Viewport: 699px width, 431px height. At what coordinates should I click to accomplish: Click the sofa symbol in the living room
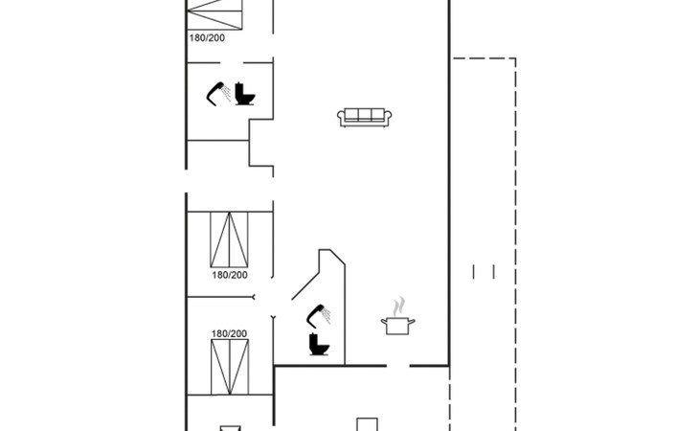coord(364,118)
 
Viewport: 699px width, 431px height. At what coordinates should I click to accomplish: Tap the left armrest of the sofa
coord(341,117)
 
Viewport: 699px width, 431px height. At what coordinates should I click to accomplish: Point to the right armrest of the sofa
coord(388,117)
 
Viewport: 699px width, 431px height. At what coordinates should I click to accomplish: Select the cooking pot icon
coord(397,326)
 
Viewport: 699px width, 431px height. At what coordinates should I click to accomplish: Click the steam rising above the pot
coord(399,306)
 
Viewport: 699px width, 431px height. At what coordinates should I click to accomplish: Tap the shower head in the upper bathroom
coord(218,94)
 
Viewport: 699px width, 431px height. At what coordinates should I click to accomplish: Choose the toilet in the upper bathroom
coord(245,94)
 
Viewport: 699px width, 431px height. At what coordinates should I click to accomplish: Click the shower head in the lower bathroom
coord(319,316)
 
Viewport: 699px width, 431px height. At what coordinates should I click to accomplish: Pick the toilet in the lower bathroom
coord(319,345)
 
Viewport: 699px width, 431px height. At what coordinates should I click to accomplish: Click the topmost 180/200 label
coord(207,38)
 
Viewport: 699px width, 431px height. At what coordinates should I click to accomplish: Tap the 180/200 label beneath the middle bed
coord(230,275)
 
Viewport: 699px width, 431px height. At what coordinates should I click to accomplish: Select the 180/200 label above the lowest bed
coord(229,333)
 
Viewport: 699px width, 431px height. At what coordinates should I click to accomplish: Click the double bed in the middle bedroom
coord(229,239)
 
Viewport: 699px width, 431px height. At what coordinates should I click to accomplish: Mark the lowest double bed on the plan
coord(230,367)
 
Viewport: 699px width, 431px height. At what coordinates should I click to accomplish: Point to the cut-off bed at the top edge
coord(214,14)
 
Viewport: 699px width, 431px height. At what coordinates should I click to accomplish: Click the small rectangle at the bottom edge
coord(368,424)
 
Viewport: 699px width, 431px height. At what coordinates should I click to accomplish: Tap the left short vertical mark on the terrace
coord(473,271)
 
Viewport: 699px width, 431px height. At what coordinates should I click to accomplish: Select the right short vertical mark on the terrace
coord(493,271)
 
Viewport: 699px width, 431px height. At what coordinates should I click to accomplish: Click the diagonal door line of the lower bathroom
coord(305,286)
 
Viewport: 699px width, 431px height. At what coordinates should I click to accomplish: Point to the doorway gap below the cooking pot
coord(397,366)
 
